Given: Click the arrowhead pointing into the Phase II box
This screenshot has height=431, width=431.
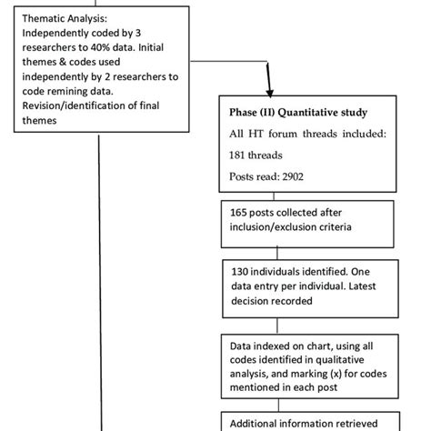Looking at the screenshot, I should click(269, 90).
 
